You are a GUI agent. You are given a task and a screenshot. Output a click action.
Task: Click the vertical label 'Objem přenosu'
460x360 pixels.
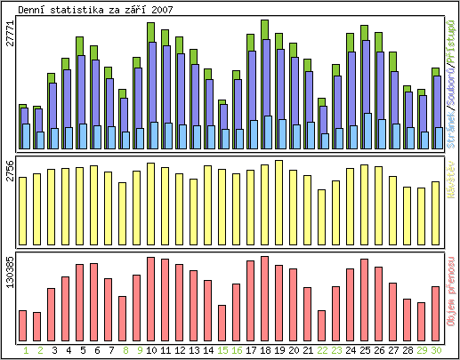tap(451, 298)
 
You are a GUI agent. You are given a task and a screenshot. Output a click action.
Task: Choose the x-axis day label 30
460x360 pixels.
tap(435, 350)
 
